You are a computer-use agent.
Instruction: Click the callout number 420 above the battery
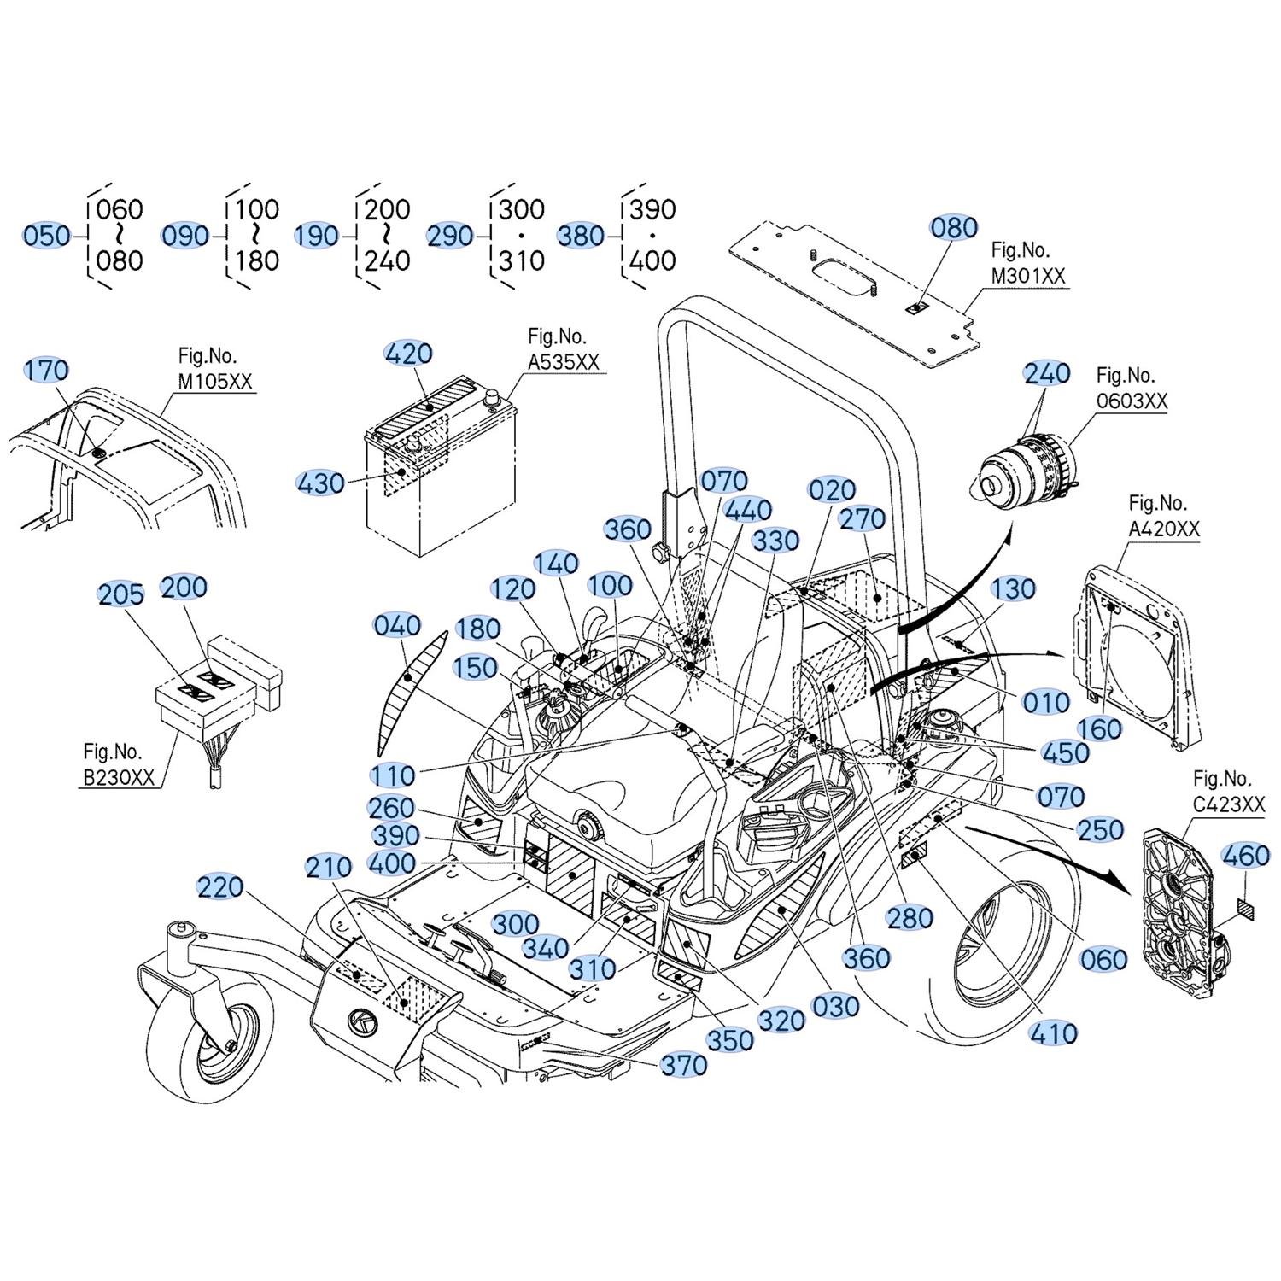coord(409,354)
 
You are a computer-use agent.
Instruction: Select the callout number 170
coord(46,371)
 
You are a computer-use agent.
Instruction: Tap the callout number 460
coord(1246,855)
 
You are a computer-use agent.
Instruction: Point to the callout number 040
coord(397,625)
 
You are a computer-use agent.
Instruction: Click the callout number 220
coord(220,887)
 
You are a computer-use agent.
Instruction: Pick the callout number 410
coord(1054,1033)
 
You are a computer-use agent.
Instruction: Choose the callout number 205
coord(121,594)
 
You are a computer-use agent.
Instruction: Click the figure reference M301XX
coord(1028,277)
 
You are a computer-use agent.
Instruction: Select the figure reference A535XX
coord(564,362)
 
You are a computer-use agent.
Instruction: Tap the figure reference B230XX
coord(119,778)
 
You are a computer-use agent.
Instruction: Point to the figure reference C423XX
coord(1229,804)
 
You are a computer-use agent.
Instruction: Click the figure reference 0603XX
coord(1132,401)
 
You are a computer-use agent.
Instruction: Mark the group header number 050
coord(47,235)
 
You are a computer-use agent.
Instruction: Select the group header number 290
coord(450,235)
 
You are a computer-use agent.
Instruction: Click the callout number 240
coord(1047,373)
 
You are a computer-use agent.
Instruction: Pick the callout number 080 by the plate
coord(954,228)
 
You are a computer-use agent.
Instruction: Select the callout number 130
coord(1014,588)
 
